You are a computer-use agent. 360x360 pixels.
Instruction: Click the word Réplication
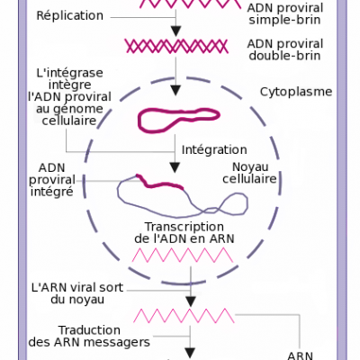pyautogui.click(x=69, y=15)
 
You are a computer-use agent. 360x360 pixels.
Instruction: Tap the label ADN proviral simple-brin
pyautogui.click(x=285, y=13)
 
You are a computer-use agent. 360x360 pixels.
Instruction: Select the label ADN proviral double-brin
pyautogui.click(x=285, y=49)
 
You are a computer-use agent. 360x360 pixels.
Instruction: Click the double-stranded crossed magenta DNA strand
pyautogui.click(x=176, y=47)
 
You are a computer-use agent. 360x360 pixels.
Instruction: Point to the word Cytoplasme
pyautogui.click(x=296, y=92)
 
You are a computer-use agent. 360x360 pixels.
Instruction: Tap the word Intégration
pyautogui.click(x=214, y=149)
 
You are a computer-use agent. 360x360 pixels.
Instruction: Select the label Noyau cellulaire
pyautogui.click(x=249, y=173)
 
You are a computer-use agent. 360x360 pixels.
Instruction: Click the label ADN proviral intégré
pyautogui.click(x=52, y=179)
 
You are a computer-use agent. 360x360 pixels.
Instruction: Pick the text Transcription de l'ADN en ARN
pyautogui.click(x=184, y=232)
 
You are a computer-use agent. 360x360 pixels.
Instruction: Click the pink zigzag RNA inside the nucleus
pyautogui.click(x=183, y=255)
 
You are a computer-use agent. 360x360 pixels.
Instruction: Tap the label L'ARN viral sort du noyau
pyautogui.click(x=77, y=293)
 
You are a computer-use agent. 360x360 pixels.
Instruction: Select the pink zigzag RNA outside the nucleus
pyautogui.click(x=184, y=315)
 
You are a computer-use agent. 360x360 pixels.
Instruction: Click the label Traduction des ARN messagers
pyautogui.click(x=89, y=336)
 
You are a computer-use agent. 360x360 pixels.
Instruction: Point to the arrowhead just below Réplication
pyautogui.click(x=176, y=31)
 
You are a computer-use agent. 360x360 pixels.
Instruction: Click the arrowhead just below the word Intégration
pyautogui.click(x=175, y=167)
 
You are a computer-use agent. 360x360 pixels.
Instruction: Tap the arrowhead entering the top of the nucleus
pyautogui.click(x=175, y=91)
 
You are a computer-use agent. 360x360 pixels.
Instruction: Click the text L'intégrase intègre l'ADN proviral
pyautogui.click(x=69, y=85)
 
